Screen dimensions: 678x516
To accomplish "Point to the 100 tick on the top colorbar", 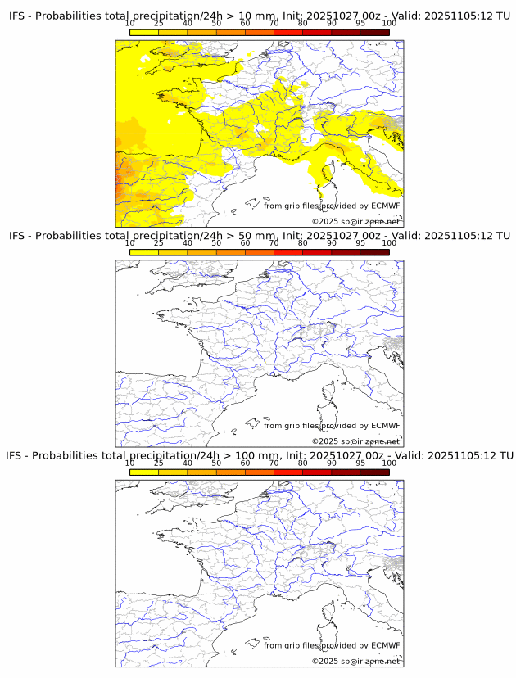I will pyautogui.click(x=389, y=24).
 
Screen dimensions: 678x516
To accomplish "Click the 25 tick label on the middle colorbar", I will pyautogui.click(x=159, y=243).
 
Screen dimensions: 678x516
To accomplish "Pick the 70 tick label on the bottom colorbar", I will pyautogui.click(x=274, y=463).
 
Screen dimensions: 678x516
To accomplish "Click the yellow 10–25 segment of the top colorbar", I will pyautogui.click(x=144, y=32).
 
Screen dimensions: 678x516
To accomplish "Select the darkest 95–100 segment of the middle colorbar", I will pyautogui.click(x=374, y=251).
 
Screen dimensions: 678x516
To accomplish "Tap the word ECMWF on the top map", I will pyautogui.click(x=386, y=206).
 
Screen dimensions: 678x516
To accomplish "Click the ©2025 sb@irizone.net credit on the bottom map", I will pyautogui.click(x=355, y=661).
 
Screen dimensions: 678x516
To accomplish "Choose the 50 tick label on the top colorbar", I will pyautogui.click(x=216, y=24).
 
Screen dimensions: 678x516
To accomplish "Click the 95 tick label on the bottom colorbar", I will pyautogui.click(x=360, y=463).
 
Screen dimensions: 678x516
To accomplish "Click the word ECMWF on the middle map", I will pyautogui.click(x=386, y=425).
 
